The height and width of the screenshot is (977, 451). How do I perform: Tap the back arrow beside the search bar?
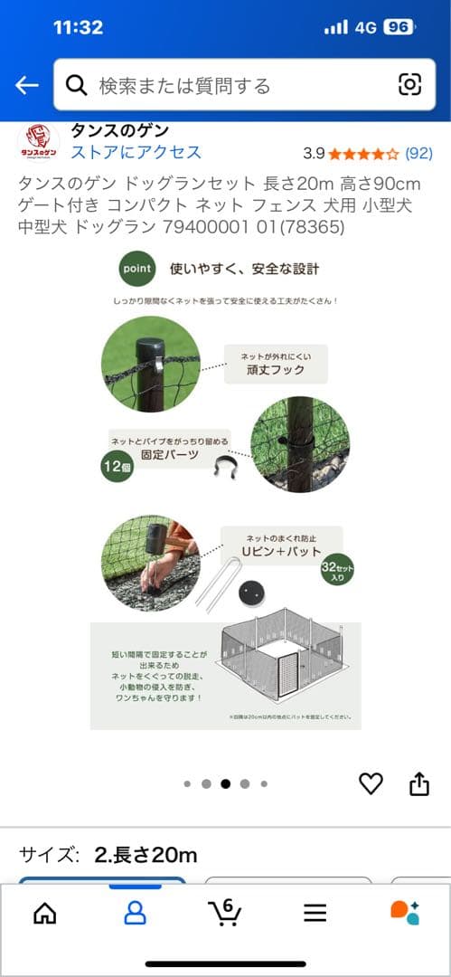pos(26,85)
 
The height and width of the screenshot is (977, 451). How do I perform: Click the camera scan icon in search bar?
pos(409,85)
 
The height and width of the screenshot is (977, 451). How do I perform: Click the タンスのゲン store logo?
pos(38,143)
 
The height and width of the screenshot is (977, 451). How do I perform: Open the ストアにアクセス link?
pos(136,152)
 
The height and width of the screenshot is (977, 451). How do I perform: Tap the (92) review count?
pos(418,153)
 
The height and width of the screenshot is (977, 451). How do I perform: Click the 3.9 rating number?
pos(314,153)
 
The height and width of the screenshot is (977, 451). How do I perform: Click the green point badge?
pos(137,269)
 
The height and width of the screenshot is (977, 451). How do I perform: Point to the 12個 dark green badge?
pos(117,467)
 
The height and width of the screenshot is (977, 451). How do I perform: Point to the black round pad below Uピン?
pos(250,593)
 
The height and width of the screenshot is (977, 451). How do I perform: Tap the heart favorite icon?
pos(371,783)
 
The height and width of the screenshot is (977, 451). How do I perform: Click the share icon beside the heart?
pos(419,783)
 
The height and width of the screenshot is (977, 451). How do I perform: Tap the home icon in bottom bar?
pos(44,913)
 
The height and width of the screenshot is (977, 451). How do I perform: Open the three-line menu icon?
pos(315,913)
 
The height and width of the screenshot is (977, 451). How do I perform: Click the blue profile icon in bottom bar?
pos(135,913)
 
